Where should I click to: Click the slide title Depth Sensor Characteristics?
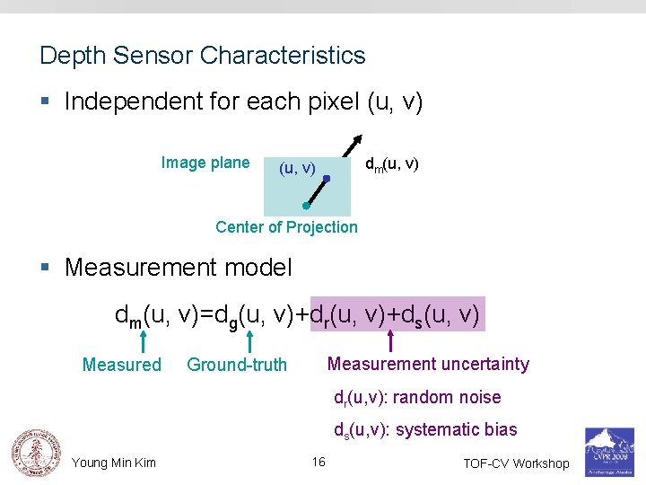[203, 56]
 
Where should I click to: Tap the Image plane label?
[205, 163]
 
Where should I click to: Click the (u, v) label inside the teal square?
[298, 168]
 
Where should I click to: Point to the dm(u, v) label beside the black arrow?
[391, 165]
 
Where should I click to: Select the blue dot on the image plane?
[327, 180]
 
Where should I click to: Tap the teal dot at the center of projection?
[306, 206]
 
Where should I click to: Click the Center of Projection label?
[286, 227]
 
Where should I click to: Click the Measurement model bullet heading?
[179, 268]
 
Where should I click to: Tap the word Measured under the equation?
[121, 365]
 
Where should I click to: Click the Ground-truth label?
[237, 365]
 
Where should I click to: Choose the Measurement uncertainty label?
[428, 364]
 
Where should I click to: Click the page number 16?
[319, 462]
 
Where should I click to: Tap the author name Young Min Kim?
[114, 463]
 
